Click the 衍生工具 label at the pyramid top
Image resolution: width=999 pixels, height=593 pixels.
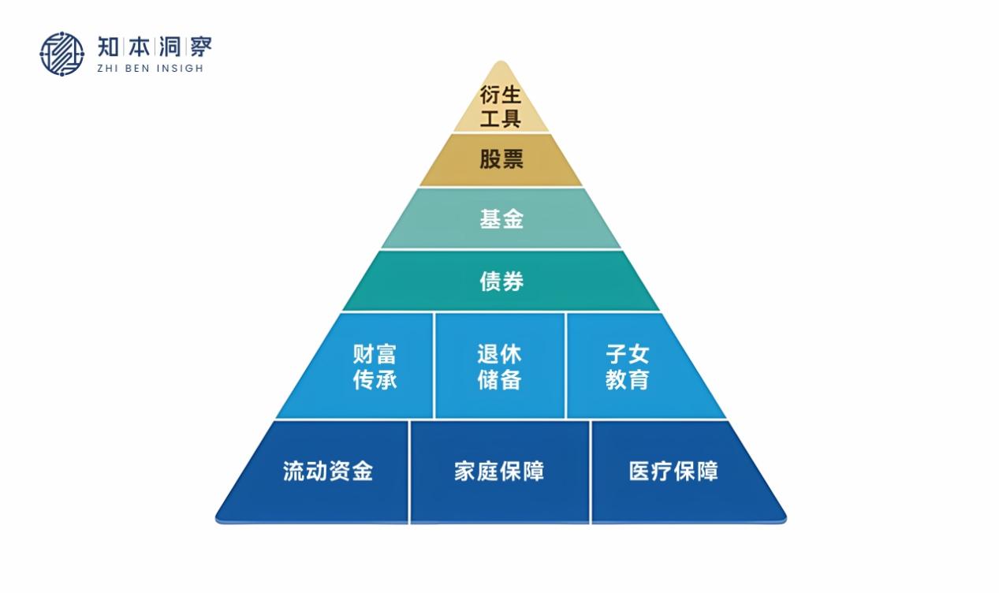pos(501,107)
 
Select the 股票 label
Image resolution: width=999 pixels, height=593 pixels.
pos(501,159)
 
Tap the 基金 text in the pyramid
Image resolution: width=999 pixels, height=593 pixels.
pos(501,218)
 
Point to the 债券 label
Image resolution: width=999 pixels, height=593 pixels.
pos(501,281)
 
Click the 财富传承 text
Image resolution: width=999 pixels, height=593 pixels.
pos(375,367)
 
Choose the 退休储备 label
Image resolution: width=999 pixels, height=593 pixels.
pos(499,367)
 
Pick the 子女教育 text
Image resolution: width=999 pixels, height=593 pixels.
pos(627,367)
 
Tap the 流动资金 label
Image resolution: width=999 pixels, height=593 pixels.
pos(327,472)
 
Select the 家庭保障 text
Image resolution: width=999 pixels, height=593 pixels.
pos(499,472)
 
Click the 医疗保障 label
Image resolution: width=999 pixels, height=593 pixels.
pos(673,472)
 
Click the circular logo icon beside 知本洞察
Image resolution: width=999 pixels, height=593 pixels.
pos(62,54)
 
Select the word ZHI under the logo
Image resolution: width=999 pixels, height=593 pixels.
pos(107,69)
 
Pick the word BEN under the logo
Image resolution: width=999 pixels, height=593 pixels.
pos(135,69)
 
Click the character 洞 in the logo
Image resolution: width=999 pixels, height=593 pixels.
pos(169,47)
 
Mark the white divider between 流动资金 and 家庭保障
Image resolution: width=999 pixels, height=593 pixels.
pos(409,472)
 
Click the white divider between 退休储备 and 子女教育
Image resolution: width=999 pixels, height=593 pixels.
pos(565,365)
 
